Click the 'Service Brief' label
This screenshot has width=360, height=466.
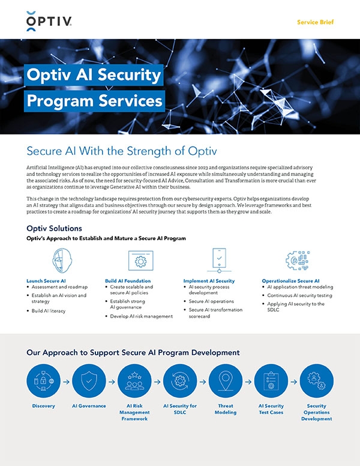315,22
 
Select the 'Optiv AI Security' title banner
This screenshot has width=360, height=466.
94,75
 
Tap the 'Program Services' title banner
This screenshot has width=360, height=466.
95,100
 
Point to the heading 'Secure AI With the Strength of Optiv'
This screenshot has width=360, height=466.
121,150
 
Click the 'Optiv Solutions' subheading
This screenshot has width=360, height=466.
54,228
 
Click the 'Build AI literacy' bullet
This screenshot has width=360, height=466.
49,311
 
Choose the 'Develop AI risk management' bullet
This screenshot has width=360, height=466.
141,316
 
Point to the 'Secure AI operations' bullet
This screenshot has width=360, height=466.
211,301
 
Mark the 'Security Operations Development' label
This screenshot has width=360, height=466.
316,413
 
